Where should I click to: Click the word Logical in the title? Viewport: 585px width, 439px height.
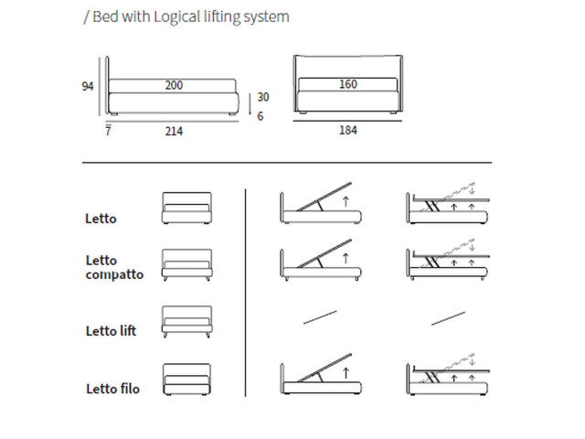tap(176, 17)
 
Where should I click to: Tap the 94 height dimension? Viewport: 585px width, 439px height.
tap(88, 86)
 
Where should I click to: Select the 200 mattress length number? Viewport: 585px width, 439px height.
tap(174, 85)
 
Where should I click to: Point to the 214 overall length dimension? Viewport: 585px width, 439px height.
tap(174, 131)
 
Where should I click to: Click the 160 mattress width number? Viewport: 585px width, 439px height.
tap(348, 84)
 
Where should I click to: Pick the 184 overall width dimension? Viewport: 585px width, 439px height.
tap(348, 130)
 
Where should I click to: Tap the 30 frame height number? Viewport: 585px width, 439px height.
tap(263, 97)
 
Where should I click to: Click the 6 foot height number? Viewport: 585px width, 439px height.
tap(260, 116)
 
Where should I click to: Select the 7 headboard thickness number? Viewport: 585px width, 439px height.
tap(108, 131)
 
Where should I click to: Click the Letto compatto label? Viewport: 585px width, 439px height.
tap(114, 267)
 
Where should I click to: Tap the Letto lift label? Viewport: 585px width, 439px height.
tap(111, 331)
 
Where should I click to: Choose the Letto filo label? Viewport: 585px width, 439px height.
tap(112, 389)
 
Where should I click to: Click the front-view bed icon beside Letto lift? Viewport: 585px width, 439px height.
tap(186, 322)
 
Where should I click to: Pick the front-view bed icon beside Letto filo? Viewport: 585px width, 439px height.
tap(186, 380)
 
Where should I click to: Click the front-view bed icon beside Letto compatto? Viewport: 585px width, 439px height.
tap(186, 264)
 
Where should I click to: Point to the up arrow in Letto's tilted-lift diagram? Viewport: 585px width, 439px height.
tap(346, 201)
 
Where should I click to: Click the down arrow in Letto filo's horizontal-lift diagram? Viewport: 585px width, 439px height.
tap(473, 361)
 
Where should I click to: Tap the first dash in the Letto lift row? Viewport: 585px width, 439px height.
tap(320, 317)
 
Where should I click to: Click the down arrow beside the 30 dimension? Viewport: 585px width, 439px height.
tap(250, 104)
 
